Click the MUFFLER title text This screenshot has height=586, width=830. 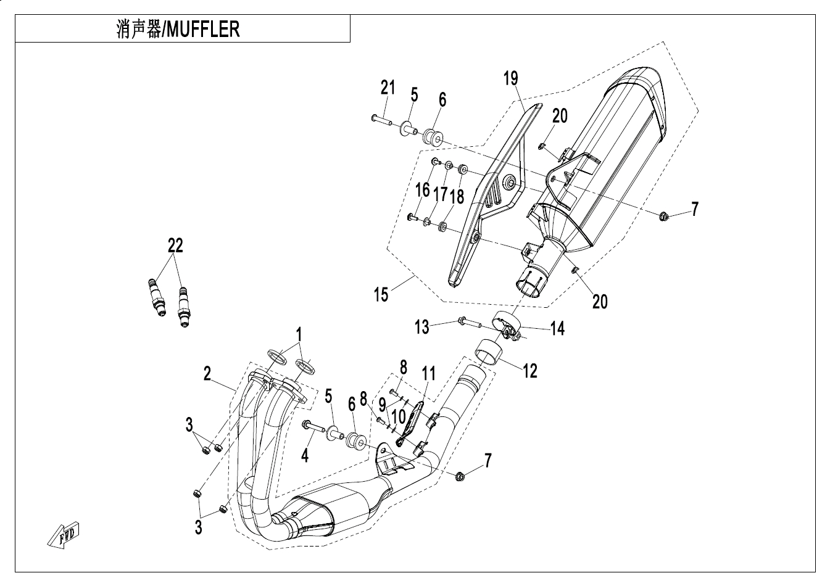(x=178, y=29)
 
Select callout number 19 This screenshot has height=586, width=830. (x=510, y=78)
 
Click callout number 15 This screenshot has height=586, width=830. (x=381, y=294)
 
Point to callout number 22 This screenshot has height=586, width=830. (x=176, y=246)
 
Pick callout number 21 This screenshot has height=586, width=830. (x=387, y=88)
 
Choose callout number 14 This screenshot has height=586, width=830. (x=557, y=329)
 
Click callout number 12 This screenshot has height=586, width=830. (x=529, y=370)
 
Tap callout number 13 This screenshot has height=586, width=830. (x=421, y=326)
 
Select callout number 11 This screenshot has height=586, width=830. (x=428, y=373)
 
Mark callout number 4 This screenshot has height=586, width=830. (x=304, y=456)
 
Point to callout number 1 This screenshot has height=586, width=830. (x=299, y=335)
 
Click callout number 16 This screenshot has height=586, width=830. (x=422, y=190)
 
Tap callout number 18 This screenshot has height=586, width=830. (x=457, y=196)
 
